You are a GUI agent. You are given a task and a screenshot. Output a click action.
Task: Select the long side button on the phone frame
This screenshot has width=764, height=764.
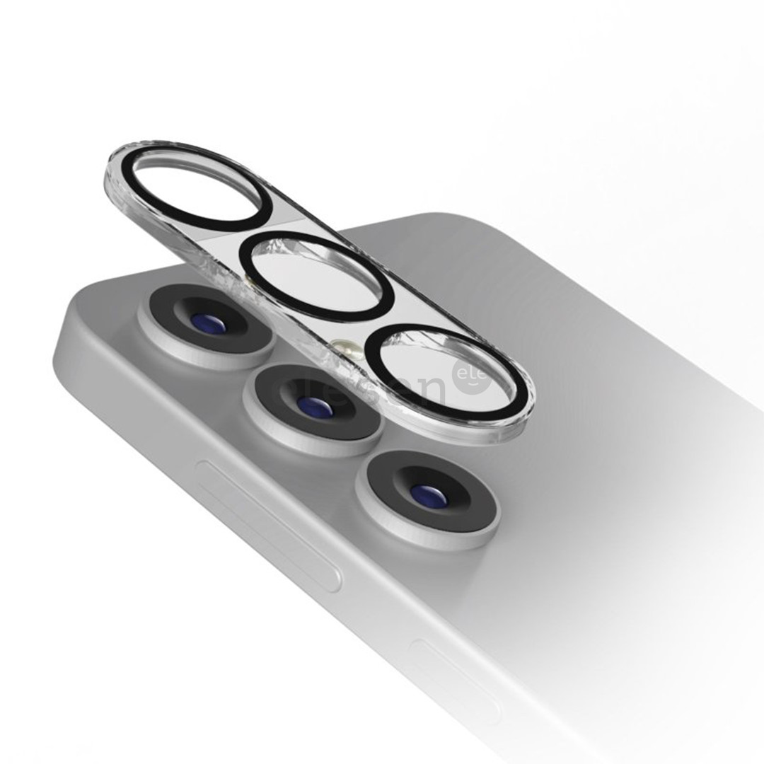[x=269, y=524]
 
